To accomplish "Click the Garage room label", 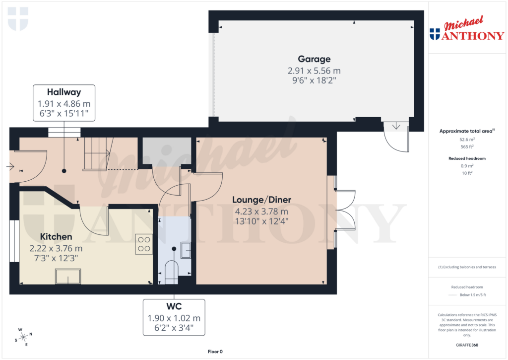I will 314,59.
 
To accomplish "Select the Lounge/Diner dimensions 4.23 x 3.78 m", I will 261,211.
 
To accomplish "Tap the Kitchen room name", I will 56,237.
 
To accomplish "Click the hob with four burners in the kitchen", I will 144,244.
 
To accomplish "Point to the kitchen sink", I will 68,276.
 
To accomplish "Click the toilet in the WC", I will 170,272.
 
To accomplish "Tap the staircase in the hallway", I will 98,153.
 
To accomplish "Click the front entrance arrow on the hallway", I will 10,167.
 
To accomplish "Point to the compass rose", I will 23,337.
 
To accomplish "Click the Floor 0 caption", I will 215,352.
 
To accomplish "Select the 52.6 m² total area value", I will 466,140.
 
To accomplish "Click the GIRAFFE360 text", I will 466,345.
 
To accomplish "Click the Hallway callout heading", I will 64,92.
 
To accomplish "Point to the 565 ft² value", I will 466,146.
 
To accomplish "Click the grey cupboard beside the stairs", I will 167,151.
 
